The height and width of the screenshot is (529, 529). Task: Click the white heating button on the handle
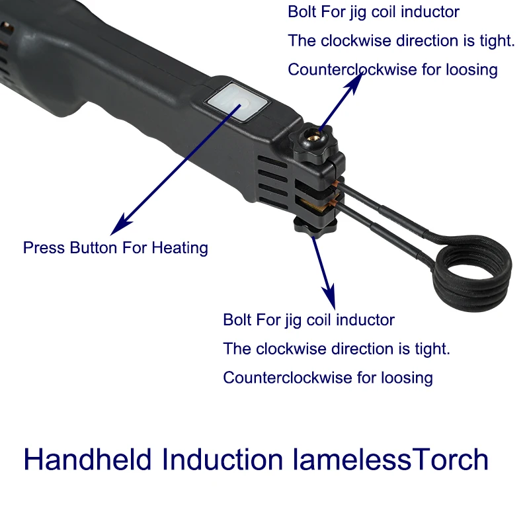[x=239, y=102]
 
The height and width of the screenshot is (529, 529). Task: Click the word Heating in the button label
[x=180, y=249]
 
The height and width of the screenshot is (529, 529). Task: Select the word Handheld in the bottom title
[x=87, y=459]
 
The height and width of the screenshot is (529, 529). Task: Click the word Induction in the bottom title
[x=222, y=459]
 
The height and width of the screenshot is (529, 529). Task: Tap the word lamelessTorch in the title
[x=390, y=459]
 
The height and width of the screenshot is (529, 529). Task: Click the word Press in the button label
[x=44, y=248]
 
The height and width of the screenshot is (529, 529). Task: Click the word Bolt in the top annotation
[x=302, y=12]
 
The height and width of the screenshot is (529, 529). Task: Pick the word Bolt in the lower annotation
[x=237, y=320]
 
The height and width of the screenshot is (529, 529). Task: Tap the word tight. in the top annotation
[x=497, y=41]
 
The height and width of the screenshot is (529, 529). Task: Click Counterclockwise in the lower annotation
[x=288, y=378]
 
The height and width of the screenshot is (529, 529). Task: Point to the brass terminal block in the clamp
[x=312, y=206]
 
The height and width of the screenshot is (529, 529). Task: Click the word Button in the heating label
[x=93, y=248]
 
